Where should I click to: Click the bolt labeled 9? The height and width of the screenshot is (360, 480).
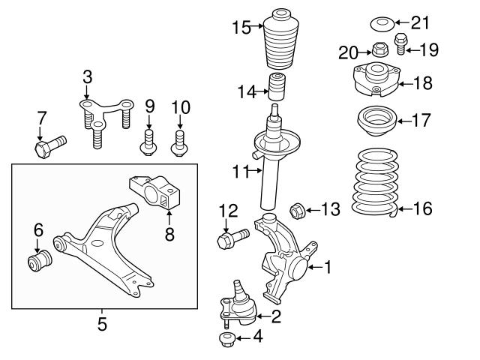click(149, 142)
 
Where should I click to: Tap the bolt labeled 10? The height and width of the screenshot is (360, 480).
click(179, 142)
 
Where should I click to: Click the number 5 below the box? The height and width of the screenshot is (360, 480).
click(103, 324)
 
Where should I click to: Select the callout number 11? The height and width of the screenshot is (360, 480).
click(238, 172)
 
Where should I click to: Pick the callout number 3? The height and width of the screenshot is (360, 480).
click(87, 77)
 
